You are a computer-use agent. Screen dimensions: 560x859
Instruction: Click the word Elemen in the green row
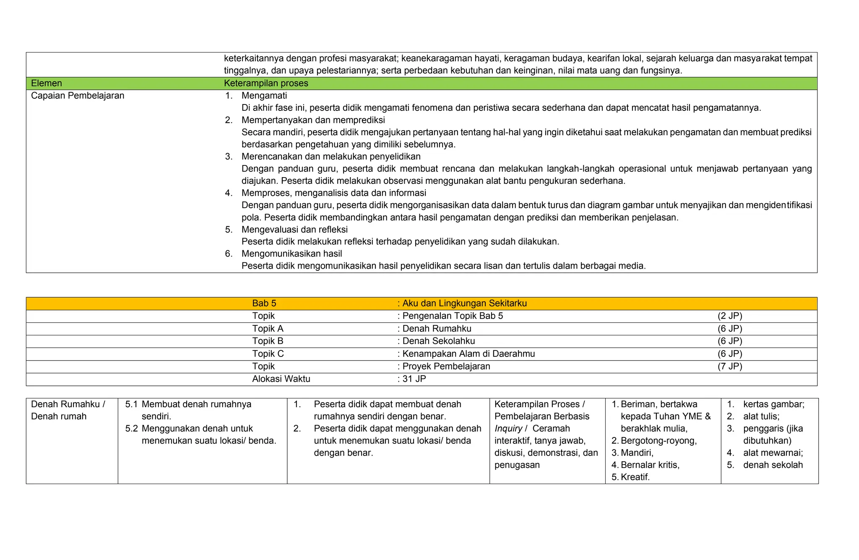pos(47,83)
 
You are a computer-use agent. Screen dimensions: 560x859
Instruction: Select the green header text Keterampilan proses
pos(266,83)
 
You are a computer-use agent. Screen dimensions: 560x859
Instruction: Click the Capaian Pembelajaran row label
pos(78,96)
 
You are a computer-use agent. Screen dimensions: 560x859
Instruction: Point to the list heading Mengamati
pos(264,96)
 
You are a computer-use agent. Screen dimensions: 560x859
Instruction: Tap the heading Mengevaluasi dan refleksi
pos(294,230)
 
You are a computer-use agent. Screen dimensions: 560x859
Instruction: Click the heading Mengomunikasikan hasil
pos(292,254)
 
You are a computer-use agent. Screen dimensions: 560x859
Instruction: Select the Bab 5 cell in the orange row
pos(264,303)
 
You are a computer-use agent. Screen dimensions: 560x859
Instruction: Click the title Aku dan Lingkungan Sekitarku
pos(464,303)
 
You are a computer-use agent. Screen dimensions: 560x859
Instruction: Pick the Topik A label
pos(268,329)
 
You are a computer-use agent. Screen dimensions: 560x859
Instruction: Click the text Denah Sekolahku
pos(438,341)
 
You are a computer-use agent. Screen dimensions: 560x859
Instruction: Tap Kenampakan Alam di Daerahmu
pos(468,354)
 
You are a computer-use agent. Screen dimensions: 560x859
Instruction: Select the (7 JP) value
pos(730,366)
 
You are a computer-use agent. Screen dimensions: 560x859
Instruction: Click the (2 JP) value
pos(730,316)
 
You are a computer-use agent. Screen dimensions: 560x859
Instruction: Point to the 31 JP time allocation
pos(414,379)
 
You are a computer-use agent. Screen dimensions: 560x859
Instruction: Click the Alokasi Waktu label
pos(281,379)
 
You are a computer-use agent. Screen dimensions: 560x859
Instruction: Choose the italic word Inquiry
pos(508,429)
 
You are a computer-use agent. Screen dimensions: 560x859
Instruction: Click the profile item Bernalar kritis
pos(650,465)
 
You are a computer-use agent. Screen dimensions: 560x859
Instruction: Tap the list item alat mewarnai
pos(773,453)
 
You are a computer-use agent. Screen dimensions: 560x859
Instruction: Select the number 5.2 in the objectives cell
pos(131,429)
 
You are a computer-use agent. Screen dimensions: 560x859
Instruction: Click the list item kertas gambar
pos(773,404)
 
